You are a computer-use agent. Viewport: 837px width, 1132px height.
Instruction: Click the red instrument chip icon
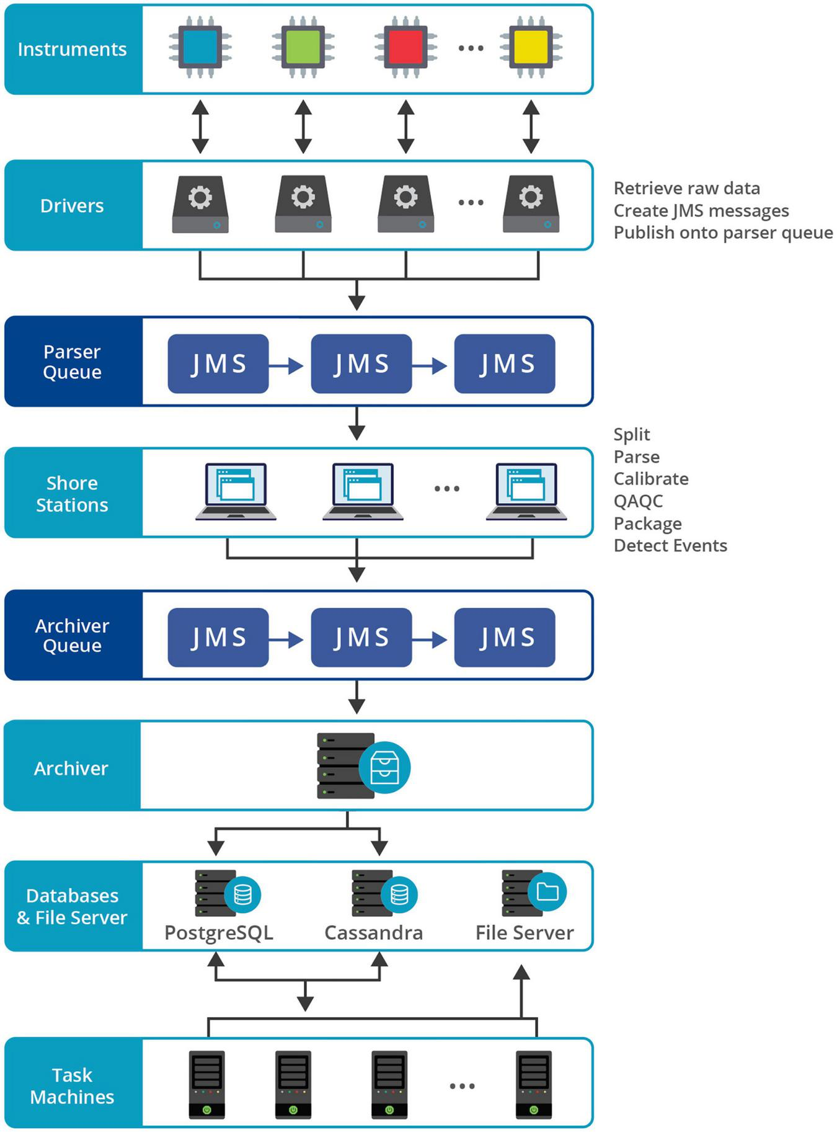click(405, 47)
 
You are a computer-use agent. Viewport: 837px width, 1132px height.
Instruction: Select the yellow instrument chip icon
click(531, 47)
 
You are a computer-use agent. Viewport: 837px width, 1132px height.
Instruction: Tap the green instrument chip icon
click(303, 47)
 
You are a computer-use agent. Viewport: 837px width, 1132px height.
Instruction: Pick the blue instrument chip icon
click(200, 47)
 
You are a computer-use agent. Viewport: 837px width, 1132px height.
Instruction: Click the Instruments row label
click(72, 49)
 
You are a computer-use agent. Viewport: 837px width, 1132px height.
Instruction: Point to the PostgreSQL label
click(218, 933)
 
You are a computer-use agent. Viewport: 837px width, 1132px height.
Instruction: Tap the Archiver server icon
click(363, 766)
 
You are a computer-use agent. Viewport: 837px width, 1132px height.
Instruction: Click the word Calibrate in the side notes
click(651, 479)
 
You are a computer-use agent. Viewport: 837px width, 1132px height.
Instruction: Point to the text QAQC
click(638, 501)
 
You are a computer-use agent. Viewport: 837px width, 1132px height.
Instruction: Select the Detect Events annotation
click(670, 545)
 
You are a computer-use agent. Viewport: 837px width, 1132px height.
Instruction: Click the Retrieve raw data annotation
click(686, 188)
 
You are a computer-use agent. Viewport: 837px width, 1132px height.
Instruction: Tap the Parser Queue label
click(72, 362)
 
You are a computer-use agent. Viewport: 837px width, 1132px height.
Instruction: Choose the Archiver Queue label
click(72, 635)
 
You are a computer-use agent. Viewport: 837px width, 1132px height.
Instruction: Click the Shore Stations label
click(72, 494)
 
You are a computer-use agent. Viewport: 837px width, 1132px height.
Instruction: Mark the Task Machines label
click(72, 1086)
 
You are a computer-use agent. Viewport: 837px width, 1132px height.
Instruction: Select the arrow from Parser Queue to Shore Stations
click(356, 423)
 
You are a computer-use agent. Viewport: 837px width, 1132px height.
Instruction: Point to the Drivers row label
click(72, 205)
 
